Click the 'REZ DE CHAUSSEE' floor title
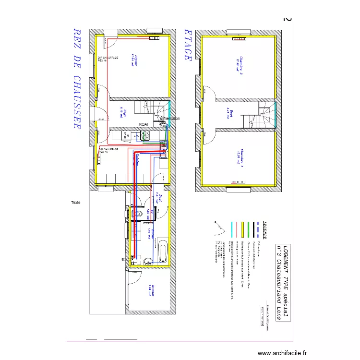click(x=76, y=78)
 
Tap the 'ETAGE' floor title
click(x=188, y=45)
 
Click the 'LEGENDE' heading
click(x=263, y=230)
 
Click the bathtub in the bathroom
click(x=162, y=250)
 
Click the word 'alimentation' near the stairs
click(x=169, y=119)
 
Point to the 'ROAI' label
click(x=143, y=124)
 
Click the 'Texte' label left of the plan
click(x=75, y=203)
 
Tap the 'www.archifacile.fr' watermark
click(x=282, y=353)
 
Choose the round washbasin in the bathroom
click(x=149, y=260)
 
